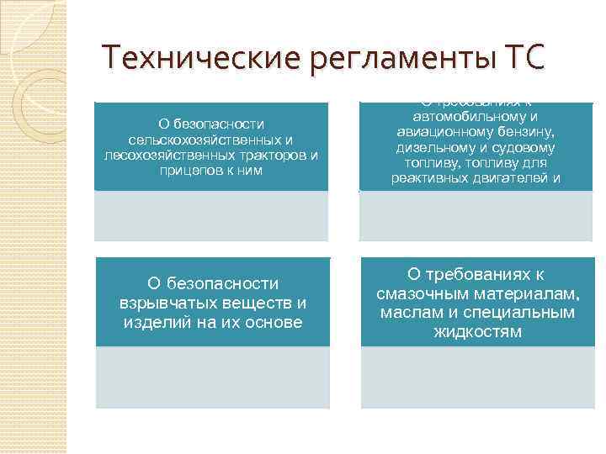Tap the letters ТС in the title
click(523, 59)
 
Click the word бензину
click(528, 133)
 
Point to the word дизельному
click(430, 148)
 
